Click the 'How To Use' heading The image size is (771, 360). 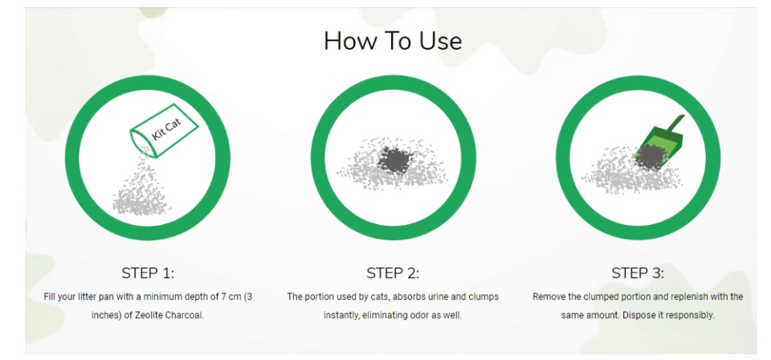click(x=393, y=41)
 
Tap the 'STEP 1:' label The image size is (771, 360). click(x=148, y=273)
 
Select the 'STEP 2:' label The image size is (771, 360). click(x=393, y=273)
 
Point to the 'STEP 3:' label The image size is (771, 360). click(x=637, y=273)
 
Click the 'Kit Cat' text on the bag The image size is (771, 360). click(x=166, y=129)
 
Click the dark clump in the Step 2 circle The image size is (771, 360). click(x=394, y=160)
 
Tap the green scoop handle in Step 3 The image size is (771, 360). click(x=675, y=124)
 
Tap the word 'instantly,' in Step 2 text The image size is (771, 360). click(x=341, y=315)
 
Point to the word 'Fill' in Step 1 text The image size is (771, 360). click(x=49, y=297)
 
